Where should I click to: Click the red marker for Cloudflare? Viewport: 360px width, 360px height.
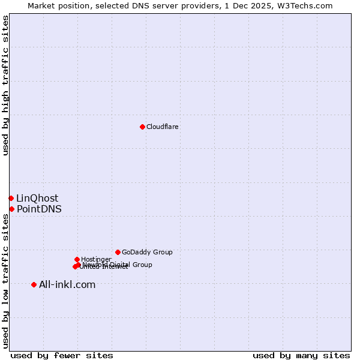pos(142,127)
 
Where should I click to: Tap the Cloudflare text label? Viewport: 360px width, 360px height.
pos(162,127)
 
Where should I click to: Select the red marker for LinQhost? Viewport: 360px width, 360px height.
pos(11,198)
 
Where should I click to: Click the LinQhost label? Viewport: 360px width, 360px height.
pos(37,198)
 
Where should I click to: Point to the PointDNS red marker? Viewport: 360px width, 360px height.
pos(11,209)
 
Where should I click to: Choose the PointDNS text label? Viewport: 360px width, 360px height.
pos(39,209)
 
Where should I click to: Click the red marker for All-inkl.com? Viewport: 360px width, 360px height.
pos(34,284)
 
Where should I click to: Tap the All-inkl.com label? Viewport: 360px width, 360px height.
pos(67,284)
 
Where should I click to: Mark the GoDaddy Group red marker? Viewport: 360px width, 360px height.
pos(118,252)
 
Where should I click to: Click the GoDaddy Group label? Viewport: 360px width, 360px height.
pos(147,252)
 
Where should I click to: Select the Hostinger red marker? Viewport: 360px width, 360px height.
pos(77,259)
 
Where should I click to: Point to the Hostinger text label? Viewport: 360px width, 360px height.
pos(96,259)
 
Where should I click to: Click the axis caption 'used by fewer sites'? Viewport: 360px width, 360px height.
pos(62,355)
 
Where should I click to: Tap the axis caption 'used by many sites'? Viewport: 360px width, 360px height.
pos(301,355)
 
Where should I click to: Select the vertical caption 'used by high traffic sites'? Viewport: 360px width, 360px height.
pos(5,85)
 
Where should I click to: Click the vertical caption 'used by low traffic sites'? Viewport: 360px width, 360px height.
pos(5,281)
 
